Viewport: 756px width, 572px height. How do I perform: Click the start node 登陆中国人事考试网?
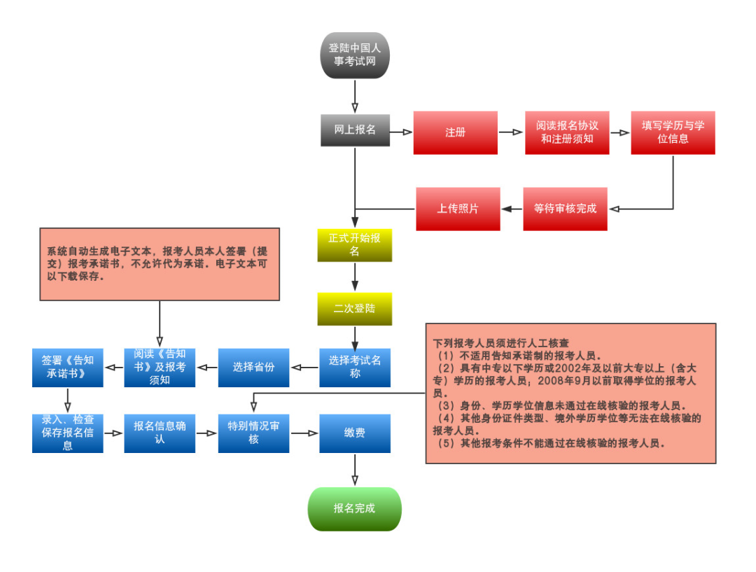click(x=355, y=55)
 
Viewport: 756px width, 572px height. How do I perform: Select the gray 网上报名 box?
click(x=355, y=130)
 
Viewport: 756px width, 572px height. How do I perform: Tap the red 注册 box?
click(x=455, y=132)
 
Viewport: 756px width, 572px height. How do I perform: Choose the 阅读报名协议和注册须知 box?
click(x=567, y=132)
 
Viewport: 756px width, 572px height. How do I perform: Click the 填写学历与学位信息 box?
click(x=673, y=132)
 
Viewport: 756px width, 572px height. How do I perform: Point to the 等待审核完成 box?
click(x=565, y=209)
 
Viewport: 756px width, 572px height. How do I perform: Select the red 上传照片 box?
click(x=458, y=209)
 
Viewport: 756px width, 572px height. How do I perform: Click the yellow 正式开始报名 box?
click(x=355, y=244)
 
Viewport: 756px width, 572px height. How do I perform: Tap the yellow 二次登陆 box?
click(x=355, y=309)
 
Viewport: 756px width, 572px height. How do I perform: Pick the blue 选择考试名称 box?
click(x=355, y=367)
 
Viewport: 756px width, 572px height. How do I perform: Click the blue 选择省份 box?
click(x=253, y=367)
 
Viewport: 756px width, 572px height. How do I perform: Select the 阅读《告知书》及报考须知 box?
click(x=160, y=367)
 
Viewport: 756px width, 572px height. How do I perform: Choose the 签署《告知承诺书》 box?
click(x=67, y=367)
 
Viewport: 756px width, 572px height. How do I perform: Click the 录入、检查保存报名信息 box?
click(x=67, y=433)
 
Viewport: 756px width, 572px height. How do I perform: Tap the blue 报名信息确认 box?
click(x=160, y=433)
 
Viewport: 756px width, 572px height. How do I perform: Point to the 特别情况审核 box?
click(x=253, y=433)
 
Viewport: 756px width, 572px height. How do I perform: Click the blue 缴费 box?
click(x=355, y=433)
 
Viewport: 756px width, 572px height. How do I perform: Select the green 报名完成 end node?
click(x=355, y=508)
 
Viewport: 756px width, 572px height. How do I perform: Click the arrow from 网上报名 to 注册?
click(x=400, y=131)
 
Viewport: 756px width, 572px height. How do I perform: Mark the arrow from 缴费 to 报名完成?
click(x=355, y=470)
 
